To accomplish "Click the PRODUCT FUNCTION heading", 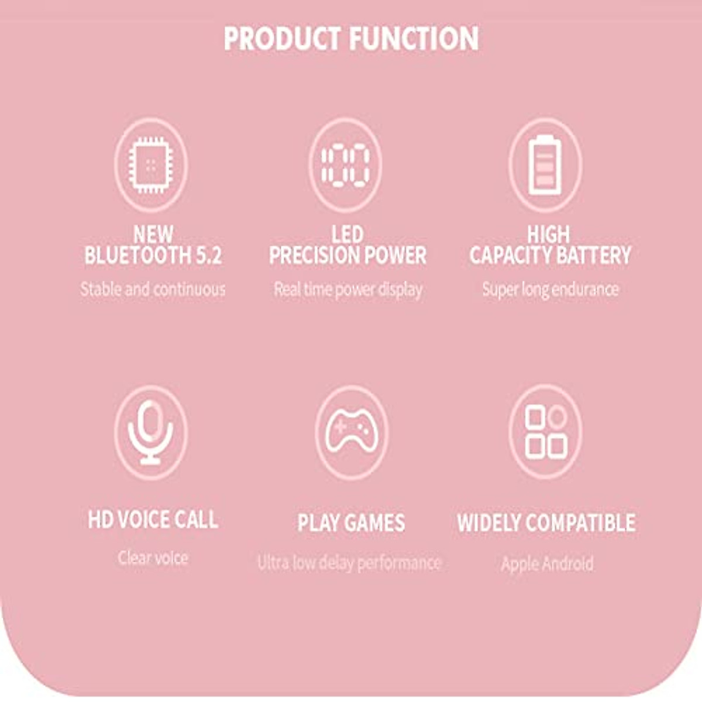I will click(351, 39).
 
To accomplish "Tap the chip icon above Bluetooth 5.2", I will click(151, 164).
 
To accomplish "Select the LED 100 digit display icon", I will click(346, 164).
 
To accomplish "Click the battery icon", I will click(545, 164).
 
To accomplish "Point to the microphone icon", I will click(151, 432).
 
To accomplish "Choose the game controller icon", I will click(351, 432).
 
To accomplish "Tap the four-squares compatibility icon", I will click(545, 432).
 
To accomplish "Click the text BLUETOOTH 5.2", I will click(153, 256).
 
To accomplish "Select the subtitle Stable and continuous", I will click(153, 289).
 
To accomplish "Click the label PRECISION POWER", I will click(347, 256).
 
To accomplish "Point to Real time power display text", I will click(348, 289).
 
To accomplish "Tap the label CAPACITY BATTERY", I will click(550, 256).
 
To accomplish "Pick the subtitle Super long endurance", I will click(550, 289).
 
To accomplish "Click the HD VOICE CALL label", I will click(153, 519).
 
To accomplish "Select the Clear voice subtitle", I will click(153, 558).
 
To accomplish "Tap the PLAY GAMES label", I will click(351, 522).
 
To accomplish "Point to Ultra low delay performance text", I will click(349, 563).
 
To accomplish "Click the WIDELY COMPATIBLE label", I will click(546, 522).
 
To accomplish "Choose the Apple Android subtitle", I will click(547, 564).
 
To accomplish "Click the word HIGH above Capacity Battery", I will click(548, 235).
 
